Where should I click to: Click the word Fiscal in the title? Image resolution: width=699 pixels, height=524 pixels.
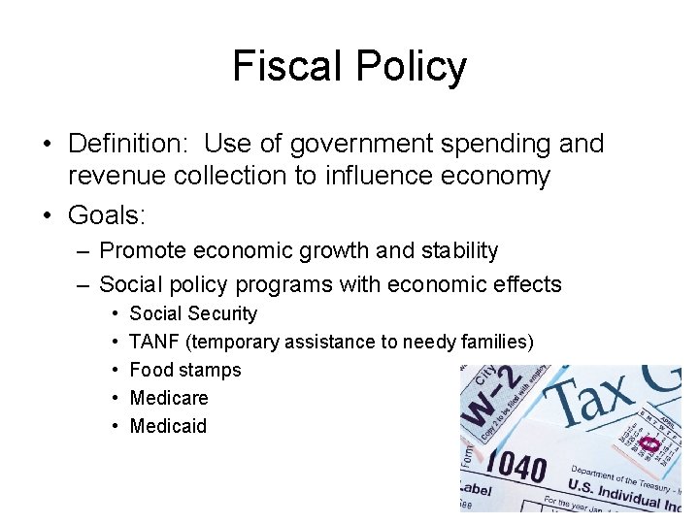click(x=287, y=67)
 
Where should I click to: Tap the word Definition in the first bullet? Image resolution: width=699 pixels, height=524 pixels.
click(x=126, y=145)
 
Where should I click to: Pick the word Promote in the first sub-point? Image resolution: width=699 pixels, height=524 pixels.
click(x=143, y=250)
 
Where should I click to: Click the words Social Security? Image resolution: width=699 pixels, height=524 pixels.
click(x=193, y=313)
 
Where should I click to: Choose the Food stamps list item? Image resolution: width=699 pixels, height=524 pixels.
click(x=185, y=370)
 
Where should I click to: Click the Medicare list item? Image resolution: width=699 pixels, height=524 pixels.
click(x=169, y=398)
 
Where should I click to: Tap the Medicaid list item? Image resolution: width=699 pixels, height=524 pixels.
click(x=168, y=426)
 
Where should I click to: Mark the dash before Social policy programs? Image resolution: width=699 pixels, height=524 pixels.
click(x=83, y=284)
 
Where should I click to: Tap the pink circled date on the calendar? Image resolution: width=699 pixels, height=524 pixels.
click(x=649, y=443)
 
